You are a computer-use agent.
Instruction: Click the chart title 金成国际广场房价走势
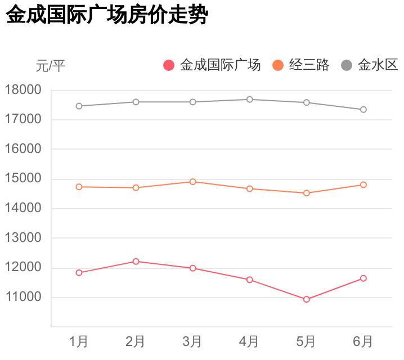tap(107, 16)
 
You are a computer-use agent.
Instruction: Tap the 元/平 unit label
tap(51, 66)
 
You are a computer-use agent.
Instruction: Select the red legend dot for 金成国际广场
tap(169, 65)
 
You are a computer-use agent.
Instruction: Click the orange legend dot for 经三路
tap(278, 65)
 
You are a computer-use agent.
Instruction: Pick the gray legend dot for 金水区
tap(347, 65)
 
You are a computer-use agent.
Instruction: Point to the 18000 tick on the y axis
tap(23, 90)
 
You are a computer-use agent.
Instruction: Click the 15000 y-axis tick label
tap(23, 179)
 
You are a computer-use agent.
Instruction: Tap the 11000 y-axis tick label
tap(23, 297)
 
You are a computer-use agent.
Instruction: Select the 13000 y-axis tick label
tap(23, 238)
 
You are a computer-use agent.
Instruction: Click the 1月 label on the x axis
tap(79, 341)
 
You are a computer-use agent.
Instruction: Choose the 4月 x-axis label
tap(249, 341)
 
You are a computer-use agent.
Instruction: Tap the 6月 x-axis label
tap(363, 341)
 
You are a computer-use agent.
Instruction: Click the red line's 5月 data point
tap(307, 299)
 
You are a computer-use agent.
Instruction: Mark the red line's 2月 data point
tap(136, 261)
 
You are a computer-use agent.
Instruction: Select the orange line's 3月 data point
tap(192, 182)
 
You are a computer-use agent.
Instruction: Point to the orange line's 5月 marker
tap(307, 193)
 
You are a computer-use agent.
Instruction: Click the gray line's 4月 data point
tap(249, 100)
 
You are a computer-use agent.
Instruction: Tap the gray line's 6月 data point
tap(363, 110)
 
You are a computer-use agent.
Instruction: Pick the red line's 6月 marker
tap(363, 278)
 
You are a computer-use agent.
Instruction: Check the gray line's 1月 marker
tap(79, 106)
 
